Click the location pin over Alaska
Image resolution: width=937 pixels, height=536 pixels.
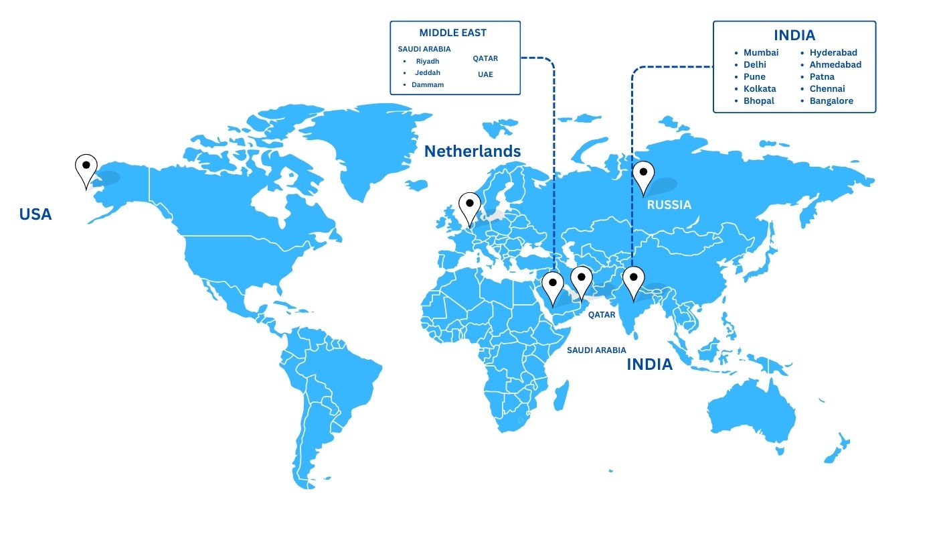click(86, 168)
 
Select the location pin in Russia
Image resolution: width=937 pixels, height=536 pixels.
click(643, 175)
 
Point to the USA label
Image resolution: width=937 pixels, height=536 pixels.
click(35, 214)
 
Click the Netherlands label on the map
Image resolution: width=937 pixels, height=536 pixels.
click(473, 151)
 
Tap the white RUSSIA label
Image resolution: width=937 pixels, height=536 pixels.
click(669, 204)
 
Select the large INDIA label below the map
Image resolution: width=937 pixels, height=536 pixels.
click(649, 364)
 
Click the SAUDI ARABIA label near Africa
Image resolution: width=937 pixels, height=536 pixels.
click(596, 350)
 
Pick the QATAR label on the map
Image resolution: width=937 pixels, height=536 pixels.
click(602, 315)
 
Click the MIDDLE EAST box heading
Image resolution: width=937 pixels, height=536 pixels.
click(453, 33)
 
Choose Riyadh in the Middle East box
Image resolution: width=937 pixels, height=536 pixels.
click(427, 61)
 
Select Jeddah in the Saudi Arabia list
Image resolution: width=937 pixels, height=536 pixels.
click(427, 72)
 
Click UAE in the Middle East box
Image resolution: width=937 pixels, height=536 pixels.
click(485, 74)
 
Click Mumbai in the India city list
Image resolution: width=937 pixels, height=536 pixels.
click(761, 52)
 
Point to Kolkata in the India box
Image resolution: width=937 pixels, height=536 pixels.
click(760, 88)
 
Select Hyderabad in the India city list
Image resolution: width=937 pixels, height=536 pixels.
click(833, 52)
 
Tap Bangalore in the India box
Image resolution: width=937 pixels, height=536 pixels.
click(831, 100)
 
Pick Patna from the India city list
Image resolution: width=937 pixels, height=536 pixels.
click(822, 76)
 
